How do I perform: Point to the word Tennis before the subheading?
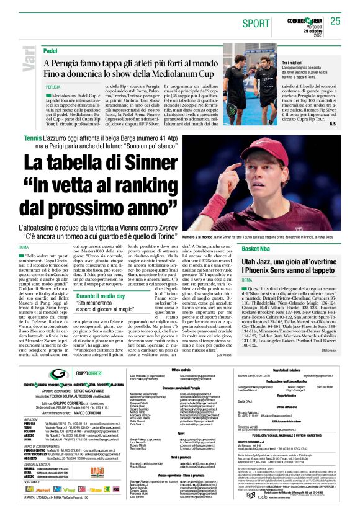click(34, 137)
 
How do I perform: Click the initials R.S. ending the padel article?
click(333, 123)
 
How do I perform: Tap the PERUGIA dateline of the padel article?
click(53, 87)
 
